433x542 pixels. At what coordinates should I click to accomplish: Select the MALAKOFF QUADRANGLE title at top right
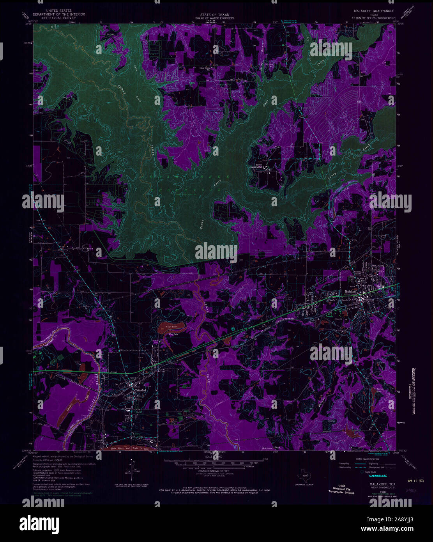point(374,11)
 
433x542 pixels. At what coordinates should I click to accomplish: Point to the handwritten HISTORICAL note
point(376,476)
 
